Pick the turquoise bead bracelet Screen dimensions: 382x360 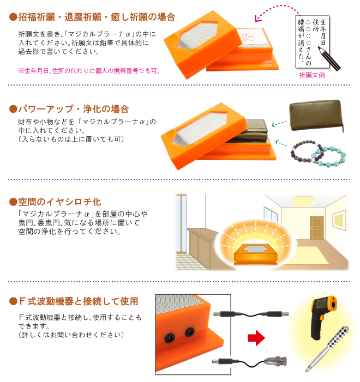329,155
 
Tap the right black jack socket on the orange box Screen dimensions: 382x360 190,331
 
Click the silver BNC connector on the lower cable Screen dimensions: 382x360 273,360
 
